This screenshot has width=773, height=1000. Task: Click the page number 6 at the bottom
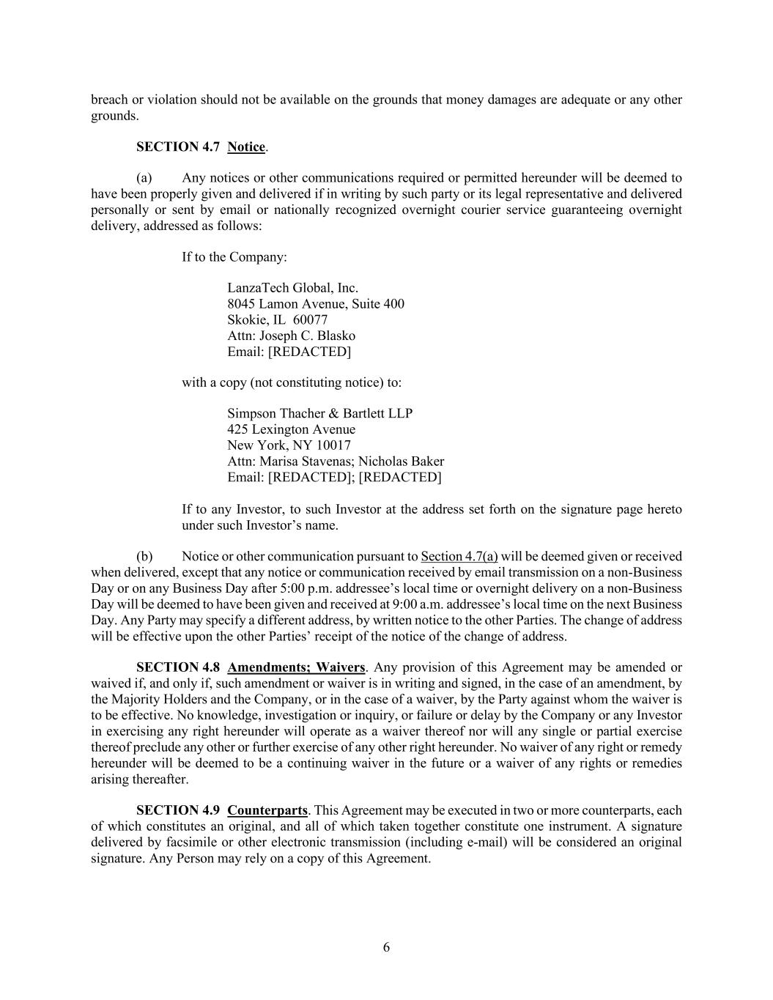click(x=386, y=947)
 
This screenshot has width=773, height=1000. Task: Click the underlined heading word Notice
click(x=246, y=147)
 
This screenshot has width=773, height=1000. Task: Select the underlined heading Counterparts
click(x=267, y=810)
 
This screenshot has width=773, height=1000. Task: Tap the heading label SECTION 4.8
click(x=178, y=667)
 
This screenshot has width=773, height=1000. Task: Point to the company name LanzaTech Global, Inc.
click(x=292, y=288)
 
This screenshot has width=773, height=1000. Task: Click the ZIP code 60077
click(x=310, y=320)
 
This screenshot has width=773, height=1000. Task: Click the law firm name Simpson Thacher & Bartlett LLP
click(x=319, y=413)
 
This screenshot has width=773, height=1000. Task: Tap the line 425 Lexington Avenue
click(x=291, y=429)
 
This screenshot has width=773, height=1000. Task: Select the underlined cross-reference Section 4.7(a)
click(x=459, y=557)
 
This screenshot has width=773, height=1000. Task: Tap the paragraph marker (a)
click(x=144, y=178)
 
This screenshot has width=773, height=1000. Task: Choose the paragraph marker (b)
click(x=144, y=557)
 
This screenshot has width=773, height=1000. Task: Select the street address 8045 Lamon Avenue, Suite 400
click(x=315, y=304)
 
